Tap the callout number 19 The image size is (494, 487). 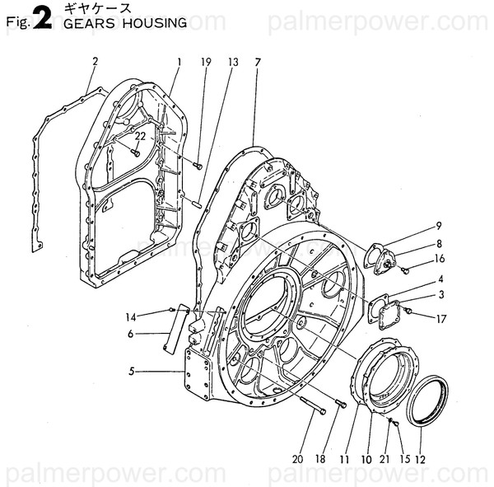click(x=206, y=62)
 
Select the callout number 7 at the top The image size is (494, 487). click(x=258, y=62)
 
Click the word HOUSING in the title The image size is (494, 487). click(x=155, y=23)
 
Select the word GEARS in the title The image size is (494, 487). click(x=86, y=23)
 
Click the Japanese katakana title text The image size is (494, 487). click(x=90, y=7)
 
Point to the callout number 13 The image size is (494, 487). click(x=233, y=62)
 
